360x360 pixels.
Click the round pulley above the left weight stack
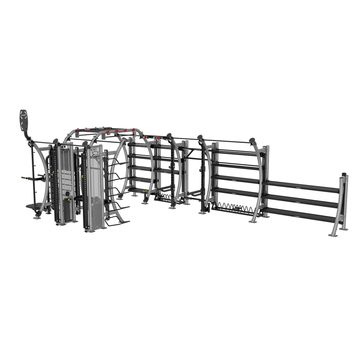(64, 147)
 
